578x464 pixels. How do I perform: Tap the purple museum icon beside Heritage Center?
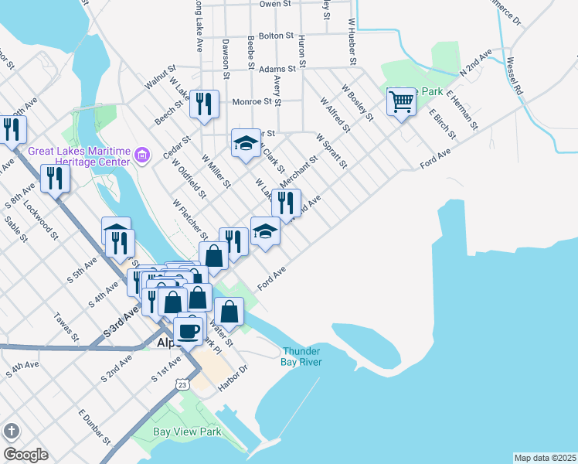click(141, 156)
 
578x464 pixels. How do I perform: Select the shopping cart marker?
click(401, 101)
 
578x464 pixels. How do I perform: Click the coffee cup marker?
click(188, 331)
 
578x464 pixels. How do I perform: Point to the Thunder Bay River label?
click(301, 357)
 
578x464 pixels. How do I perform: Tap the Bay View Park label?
click(186, 432)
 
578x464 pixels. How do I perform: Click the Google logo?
click(25, 455)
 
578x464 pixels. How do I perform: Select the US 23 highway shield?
click(181, 384)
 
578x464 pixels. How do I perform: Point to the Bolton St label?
click(277, 36)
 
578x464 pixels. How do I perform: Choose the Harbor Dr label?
click(232, 378)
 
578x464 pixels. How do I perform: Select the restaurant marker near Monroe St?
click(204, 104)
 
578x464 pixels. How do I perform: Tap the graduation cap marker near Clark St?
click(246, 143)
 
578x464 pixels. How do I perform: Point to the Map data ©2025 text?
click(545, 457)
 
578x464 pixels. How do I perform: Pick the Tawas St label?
click(66, 326)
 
